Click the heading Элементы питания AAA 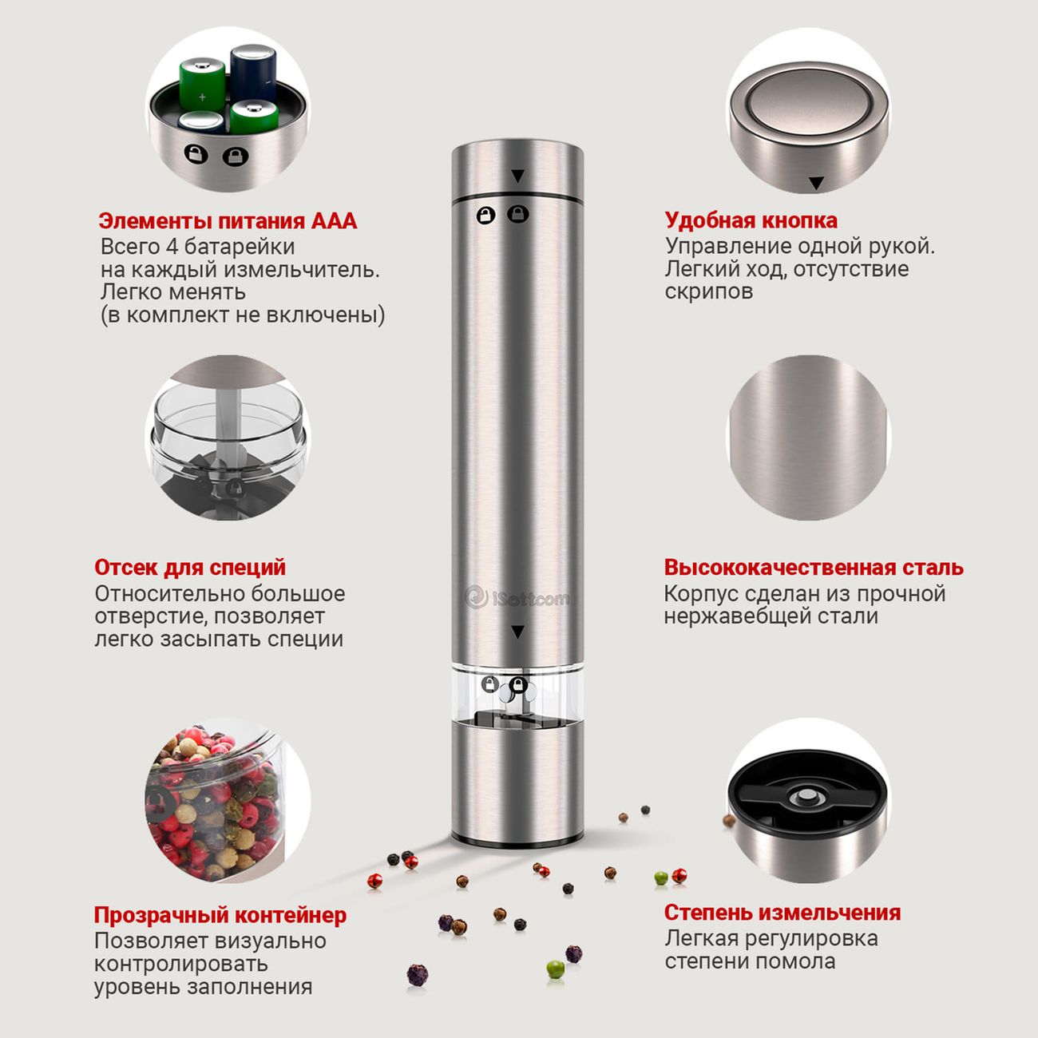coord(228,221)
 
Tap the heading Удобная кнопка coord(751,220)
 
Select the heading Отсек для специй coord(190,568)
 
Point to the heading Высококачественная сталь coord(814,568)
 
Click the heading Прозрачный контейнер coord(220,915)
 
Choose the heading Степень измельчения coord(782,913)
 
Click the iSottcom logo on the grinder coord(517,597)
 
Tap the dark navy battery coord(253,73)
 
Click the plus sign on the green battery coord(202,97)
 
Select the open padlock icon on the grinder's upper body coord(486,215)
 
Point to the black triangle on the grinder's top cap coord(517,176)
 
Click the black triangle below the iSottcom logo coord(517,632)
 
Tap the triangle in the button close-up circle coord(817,183)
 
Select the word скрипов coord(708,292)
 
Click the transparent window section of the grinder coord(517,695)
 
